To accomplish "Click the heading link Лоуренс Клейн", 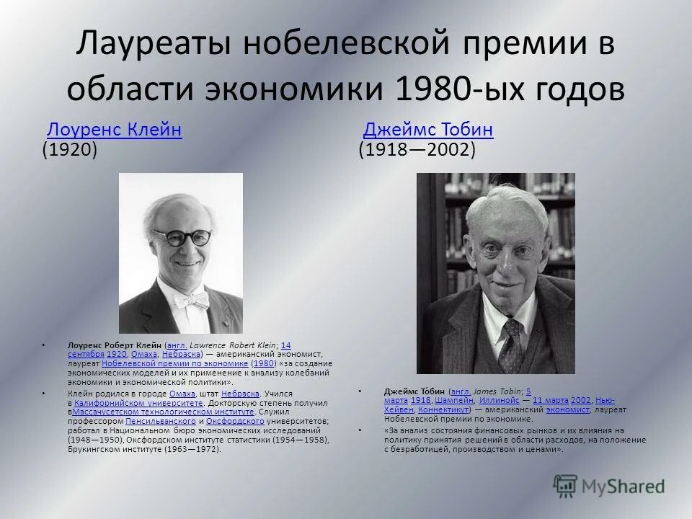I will [114, 130].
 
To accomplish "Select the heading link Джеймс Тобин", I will [428, 130].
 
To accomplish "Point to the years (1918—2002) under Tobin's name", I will [417, 151].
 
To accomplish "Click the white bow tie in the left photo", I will [189, 299].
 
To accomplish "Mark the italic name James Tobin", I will [495, 390].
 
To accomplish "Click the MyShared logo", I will [608, 485].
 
